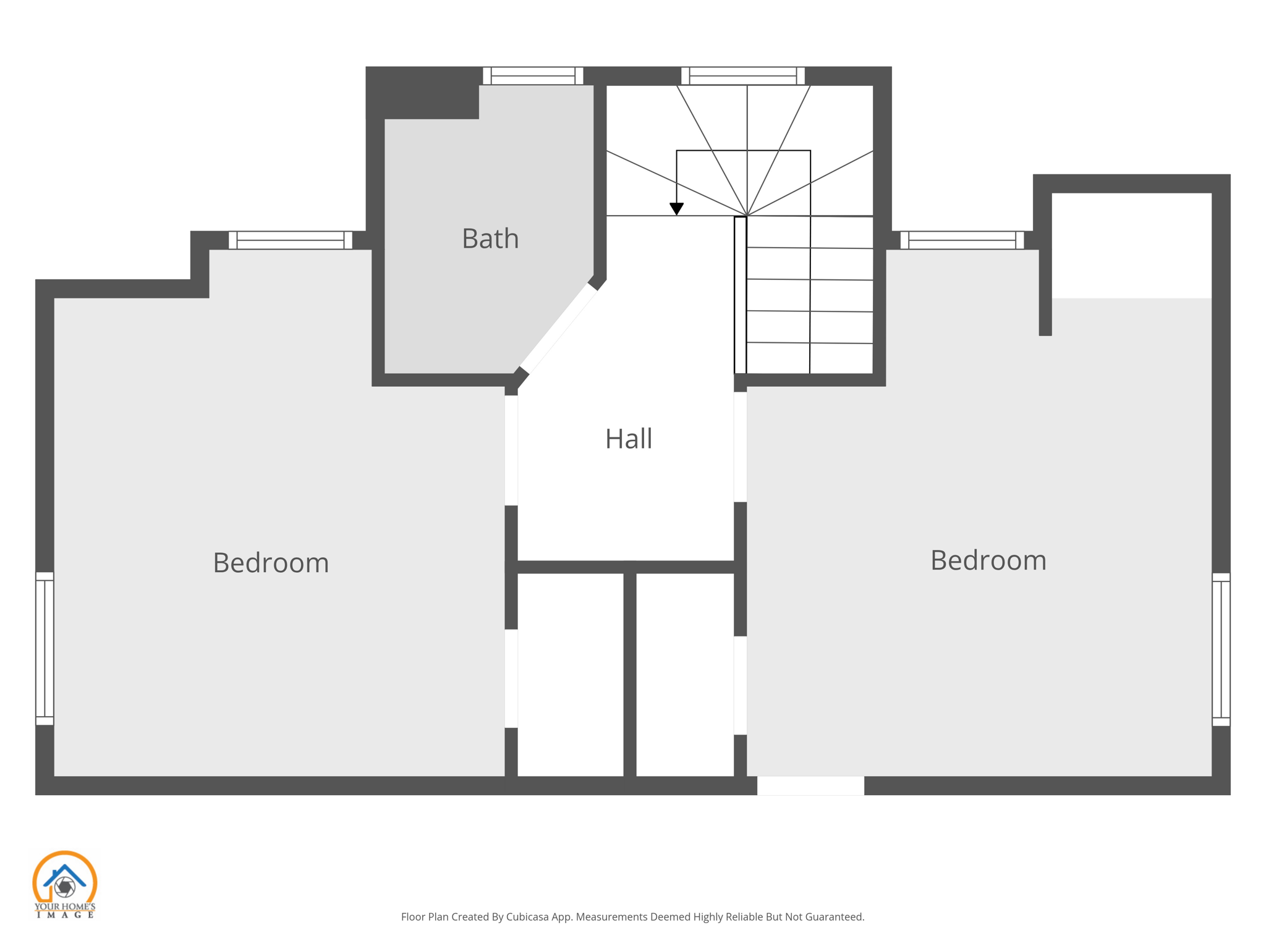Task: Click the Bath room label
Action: pos(490,238)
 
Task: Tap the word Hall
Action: pos(628,439)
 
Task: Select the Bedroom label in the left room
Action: pos(271,563)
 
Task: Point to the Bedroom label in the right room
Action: pos(988,560)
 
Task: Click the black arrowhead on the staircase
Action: pos(676,209)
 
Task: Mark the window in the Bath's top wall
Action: pos(533,76)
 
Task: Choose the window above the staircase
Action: pos(742,76)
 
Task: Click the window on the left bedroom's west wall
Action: pos(45,648)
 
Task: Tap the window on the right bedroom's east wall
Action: pos(1221,649)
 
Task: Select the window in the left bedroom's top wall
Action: pos(291,240)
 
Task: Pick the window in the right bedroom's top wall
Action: pos(962,240)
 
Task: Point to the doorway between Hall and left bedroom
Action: pos(511,450)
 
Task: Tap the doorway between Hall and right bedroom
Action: pos(740,446)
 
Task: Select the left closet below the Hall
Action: pos(570,674)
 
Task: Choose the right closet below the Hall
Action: pos(685,674)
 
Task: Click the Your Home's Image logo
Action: pos(64,884)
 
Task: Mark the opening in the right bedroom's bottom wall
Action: pos(810,785)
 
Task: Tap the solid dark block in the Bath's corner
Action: pos(423,93)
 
